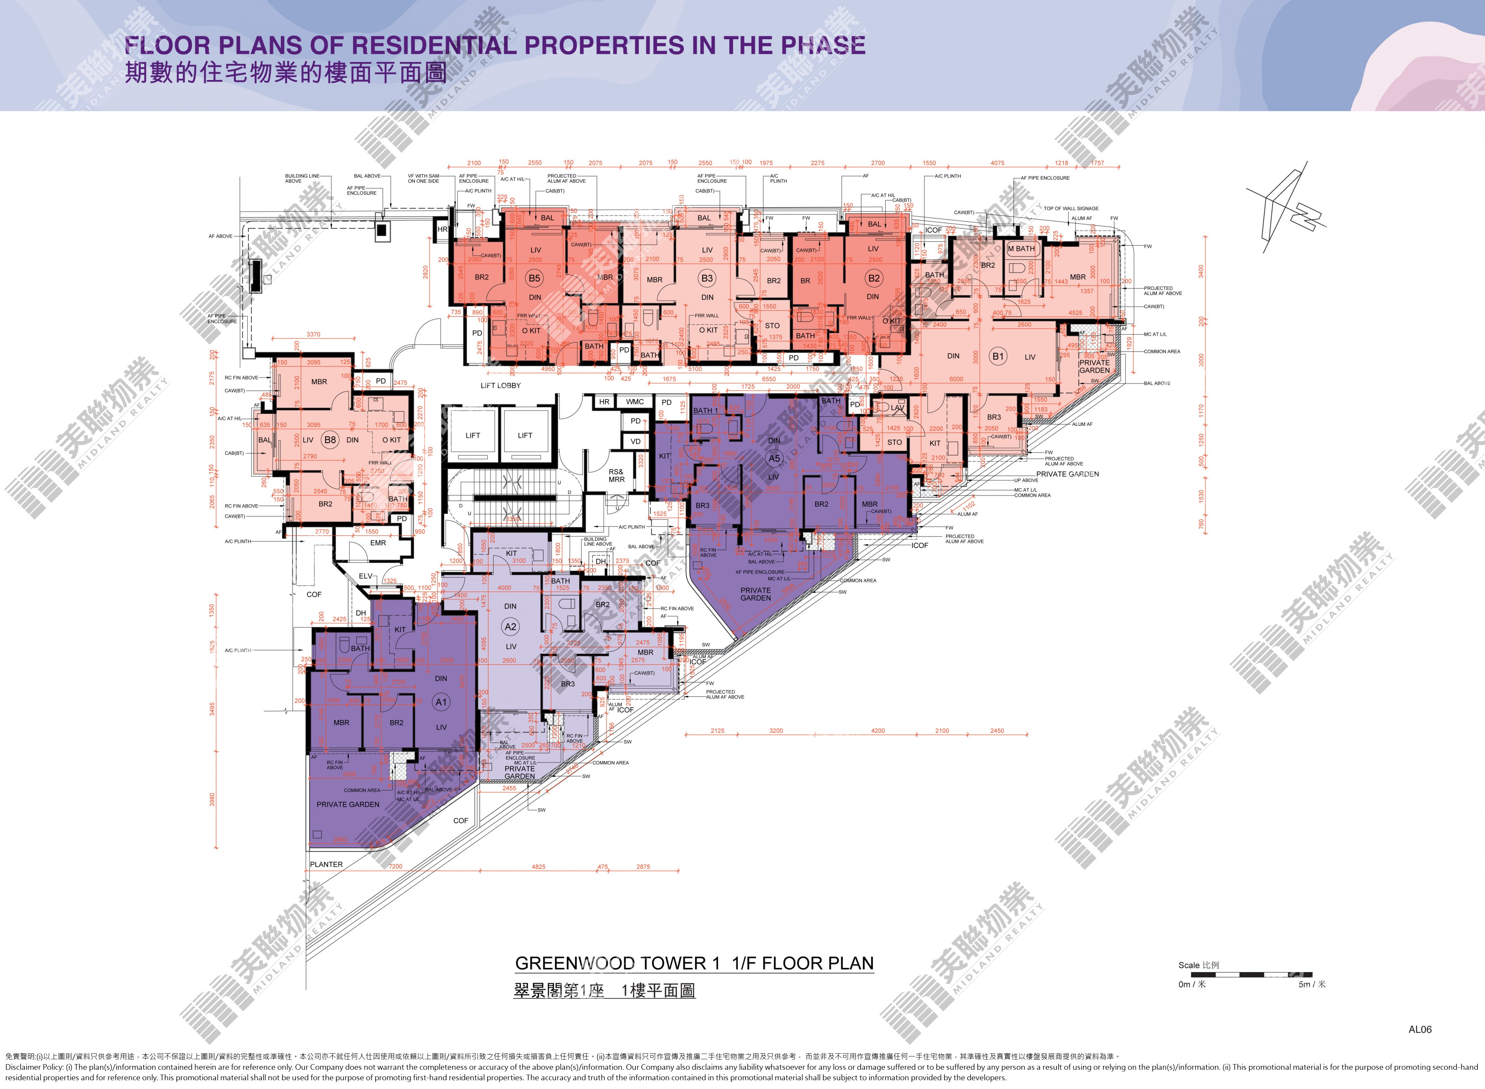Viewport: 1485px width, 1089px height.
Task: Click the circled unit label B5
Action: pos(534,278)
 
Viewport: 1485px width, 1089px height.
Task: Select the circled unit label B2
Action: pos(874,278)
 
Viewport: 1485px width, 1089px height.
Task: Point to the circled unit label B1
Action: pos(998,356)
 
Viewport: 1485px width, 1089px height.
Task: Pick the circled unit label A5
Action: pos(774,458)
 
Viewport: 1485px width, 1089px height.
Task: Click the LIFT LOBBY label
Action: pos(500,386)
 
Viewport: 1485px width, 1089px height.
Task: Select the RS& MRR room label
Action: pos(616,475)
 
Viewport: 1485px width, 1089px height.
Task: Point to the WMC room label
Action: pos(635,401)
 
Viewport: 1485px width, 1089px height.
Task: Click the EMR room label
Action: pos(378,543)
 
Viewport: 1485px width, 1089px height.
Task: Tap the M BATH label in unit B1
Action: pos(1021,249)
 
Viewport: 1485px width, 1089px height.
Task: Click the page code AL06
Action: pos(1420,1029)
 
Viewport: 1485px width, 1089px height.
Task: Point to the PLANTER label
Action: pos(326,864)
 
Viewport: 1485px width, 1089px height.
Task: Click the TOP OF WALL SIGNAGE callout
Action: pos(1071,208)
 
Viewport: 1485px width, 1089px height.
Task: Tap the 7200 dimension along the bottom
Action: pos(396,866)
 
